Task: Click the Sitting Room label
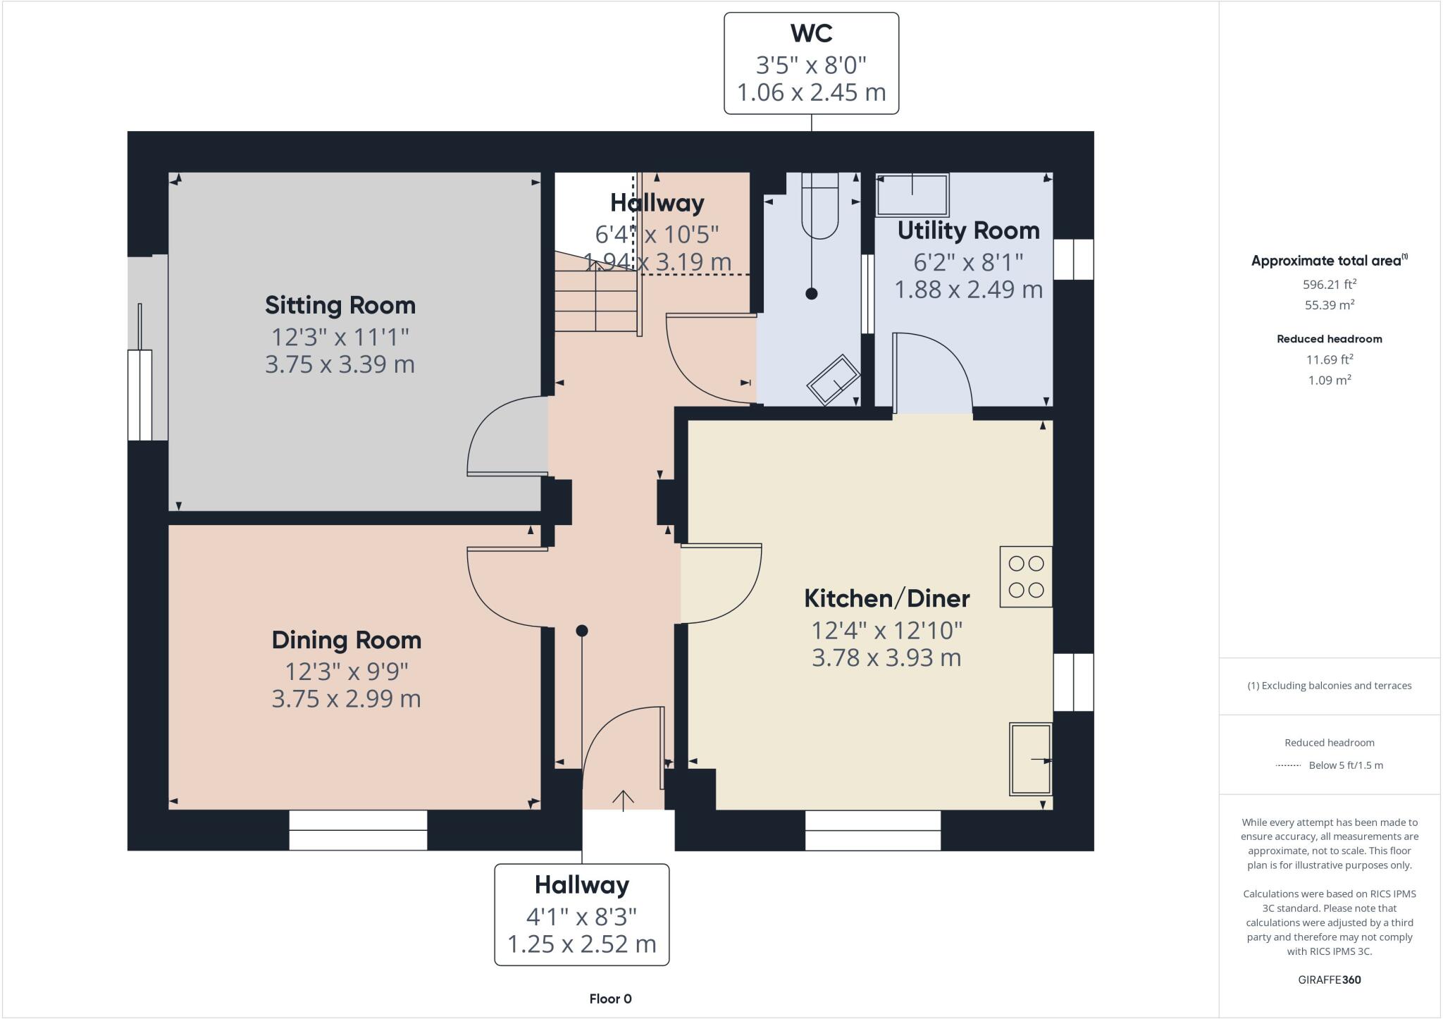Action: pyautogui.click(x=340, y=305)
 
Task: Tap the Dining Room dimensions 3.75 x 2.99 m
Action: pyautogui.click(x=346, y=699)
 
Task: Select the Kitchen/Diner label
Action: pyautogui.click(x=886, y=598)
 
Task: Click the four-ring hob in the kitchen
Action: pyautogui.click(x=1025, y=576)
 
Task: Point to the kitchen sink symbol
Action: pyautogui.click(x=1030, y=759)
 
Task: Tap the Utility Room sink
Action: pyautogui.click(x=912, y=194)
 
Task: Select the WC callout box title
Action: pyautogui.click(x=811, y=33)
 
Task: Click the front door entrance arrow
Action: pyautogui.click(x=623, y=800)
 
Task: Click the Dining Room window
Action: pyautogui.click(x=358, y=829)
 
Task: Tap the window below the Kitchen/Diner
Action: pyautogui.click(x=872, y=829)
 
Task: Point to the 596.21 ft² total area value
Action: pyautogui.click(x=1329, y=285)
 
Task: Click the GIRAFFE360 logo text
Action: pyautogui.click(x=1329, y=980)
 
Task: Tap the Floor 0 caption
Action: pyautogui.click(x=610, y=999)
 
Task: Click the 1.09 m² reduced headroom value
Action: pyautogui.click(x=1329, y=380)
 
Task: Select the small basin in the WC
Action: pyautogui.click(x=833, y=381)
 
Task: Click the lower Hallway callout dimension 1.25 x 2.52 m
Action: pyautogui.click(x=581, y=944)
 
